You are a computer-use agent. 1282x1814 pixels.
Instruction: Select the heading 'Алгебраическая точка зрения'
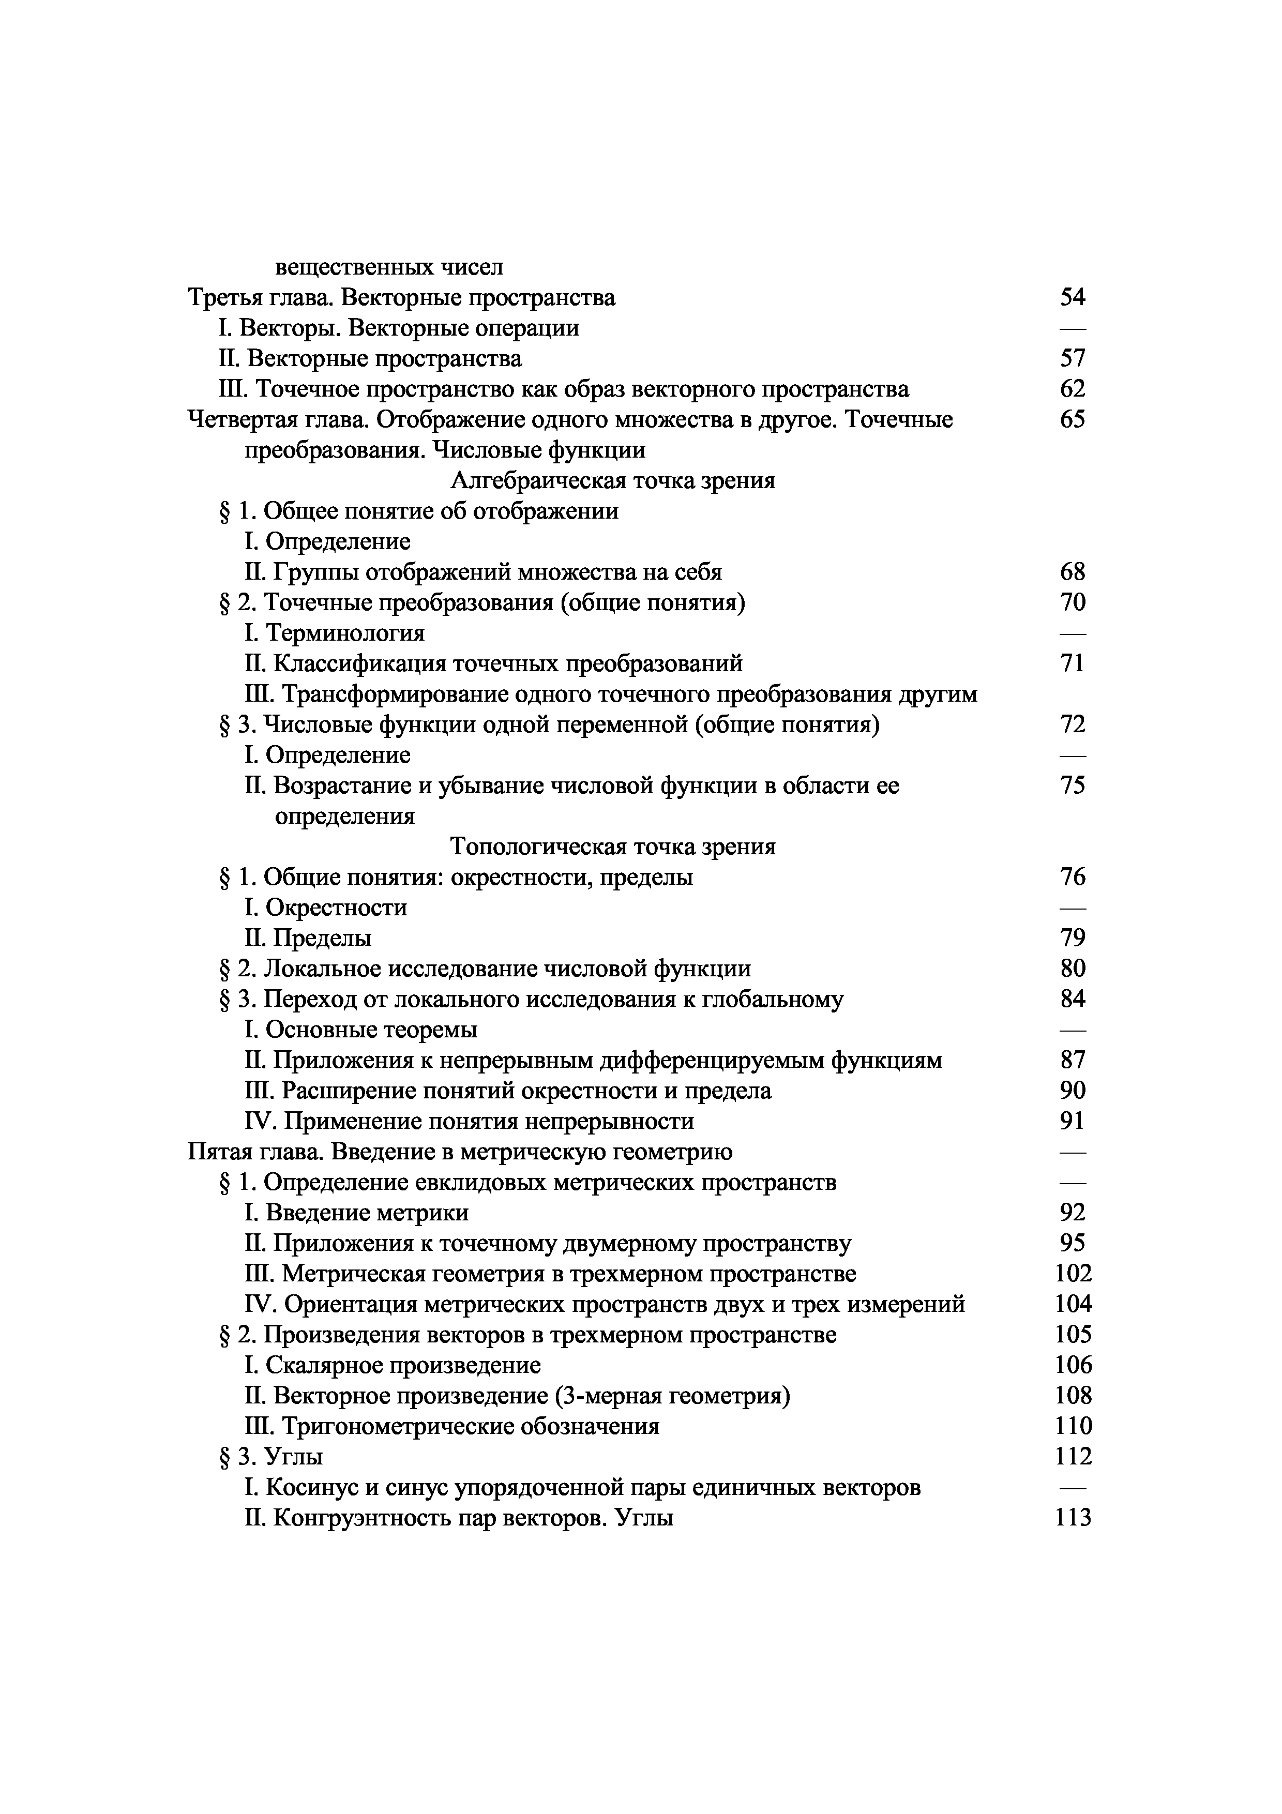point(612,480)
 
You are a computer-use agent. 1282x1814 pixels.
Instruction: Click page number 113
point(1073,1517)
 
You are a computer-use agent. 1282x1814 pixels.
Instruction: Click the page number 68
point(1072,571)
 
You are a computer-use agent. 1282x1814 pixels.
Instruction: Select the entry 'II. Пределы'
point(308,938)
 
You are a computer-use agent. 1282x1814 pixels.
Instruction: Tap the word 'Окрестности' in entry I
point(337,908)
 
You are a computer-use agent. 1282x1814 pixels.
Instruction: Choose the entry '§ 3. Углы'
point(270,1456)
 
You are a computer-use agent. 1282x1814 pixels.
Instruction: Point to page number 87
point(1072,1060)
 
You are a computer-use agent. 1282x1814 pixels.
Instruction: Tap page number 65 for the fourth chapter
point(1072,419)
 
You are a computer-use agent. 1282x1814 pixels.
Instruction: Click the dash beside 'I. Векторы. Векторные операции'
point(1072,328)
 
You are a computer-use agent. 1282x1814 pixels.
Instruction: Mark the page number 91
point(1072,1121)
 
